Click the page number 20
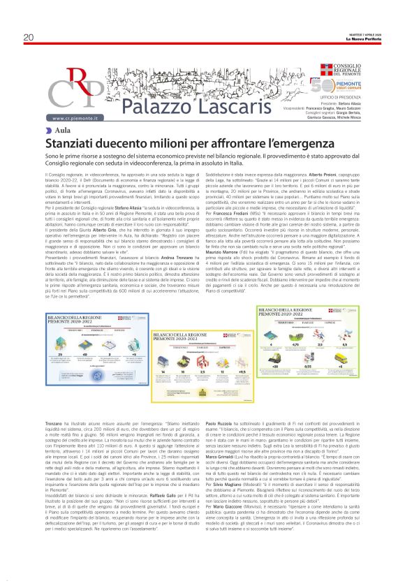(x=29, y=38)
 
